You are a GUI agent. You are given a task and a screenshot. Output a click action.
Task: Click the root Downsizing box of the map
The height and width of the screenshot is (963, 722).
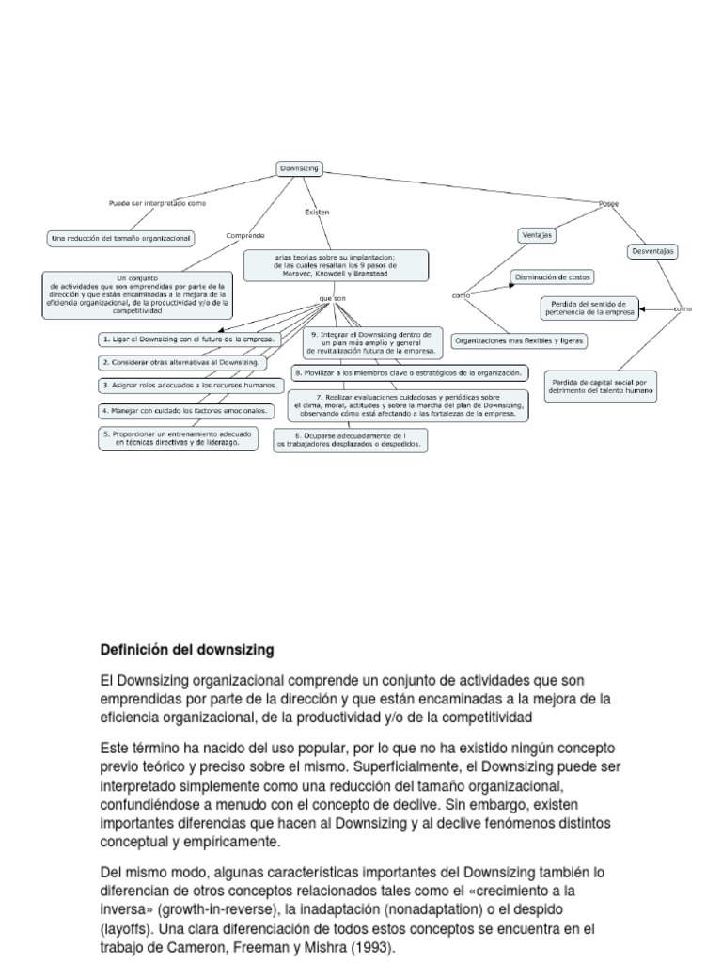tap(300, 168)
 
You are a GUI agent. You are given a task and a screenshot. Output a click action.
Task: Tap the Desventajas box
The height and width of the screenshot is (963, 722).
tap(652, 251)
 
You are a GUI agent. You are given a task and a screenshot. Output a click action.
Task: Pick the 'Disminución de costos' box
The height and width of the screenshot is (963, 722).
tap(553, 277)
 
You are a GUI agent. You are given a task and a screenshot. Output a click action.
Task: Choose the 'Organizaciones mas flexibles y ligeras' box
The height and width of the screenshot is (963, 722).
tap(520, 341)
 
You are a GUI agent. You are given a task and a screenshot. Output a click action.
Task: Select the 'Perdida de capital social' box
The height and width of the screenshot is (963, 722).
tap(600, 387)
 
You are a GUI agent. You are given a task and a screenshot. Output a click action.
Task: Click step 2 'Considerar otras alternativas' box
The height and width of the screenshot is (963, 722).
tap(182, 362)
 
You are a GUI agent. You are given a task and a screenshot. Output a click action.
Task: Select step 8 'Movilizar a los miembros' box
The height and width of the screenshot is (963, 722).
tap(409, 372)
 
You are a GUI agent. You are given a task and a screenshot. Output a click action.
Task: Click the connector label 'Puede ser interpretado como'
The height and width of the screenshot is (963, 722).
tap(158, 202)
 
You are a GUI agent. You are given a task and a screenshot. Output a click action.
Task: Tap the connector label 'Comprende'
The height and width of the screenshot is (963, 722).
tap(245, 235)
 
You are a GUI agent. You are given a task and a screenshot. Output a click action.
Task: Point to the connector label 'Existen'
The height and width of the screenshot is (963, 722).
tap(317, 213)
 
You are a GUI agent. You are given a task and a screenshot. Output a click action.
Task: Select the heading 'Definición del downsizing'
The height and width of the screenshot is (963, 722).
tap(186, 649)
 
